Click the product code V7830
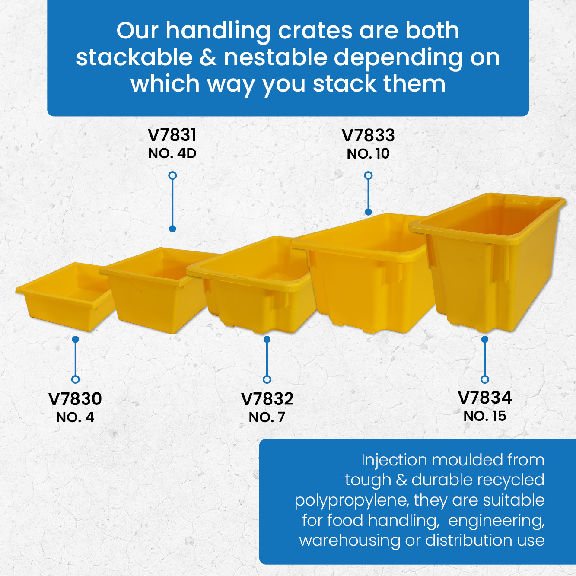point(75,399)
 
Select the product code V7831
point(172,135)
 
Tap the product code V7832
point(267,399)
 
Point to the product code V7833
point(368,135)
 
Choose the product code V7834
point(484,398)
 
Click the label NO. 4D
point(172,154)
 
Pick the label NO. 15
point(484,416)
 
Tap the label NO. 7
point(267,417)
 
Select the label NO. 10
point(368,154)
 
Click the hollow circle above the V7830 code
point(75,379)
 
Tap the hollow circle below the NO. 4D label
point(172,175)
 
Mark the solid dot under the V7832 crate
point(267,339)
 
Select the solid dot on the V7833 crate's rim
point(368,212)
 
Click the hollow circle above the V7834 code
point(485,379)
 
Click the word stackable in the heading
point(134,57)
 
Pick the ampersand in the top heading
point(208,57)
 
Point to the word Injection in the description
point(394,460)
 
